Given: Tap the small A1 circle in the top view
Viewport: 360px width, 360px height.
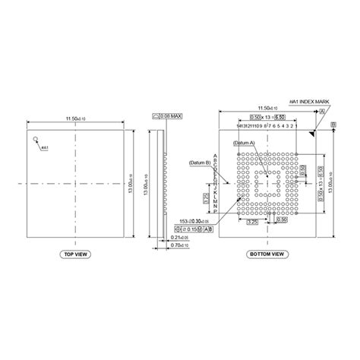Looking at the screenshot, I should (x=35, y=140).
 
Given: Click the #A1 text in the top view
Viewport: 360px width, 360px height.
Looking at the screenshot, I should (x=44, y=148).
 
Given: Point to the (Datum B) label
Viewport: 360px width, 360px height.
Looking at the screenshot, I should (x=197, y=162).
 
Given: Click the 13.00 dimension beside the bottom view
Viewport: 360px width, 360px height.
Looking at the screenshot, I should (x=335, y=182).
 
